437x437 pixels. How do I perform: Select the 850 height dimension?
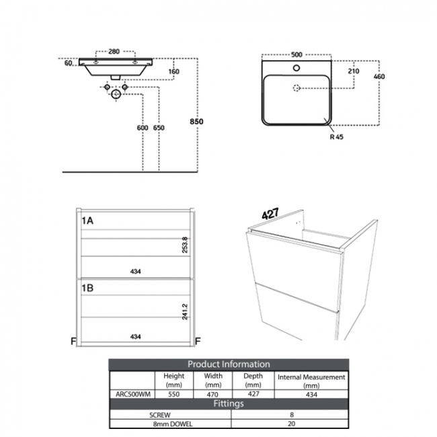tap(196, 121)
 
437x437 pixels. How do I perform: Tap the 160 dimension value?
tap(174, 72)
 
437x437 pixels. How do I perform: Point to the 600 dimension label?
tap(142, 128)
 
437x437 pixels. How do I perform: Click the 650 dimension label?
tap(159, 128)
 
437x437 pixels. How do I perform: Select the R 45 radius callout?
tap(335, 136)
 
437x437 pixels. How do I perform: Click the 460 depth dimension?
tap(379, 77)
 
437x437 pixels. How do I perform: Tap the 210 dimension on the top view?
tap(354, 71)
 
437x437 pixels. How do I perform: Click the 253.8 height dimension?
tap(185, 245)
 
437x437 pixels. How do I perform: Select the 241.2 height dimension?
tap(185, 311)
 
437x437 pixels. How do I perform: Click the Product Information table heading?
tap(229, 364)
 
